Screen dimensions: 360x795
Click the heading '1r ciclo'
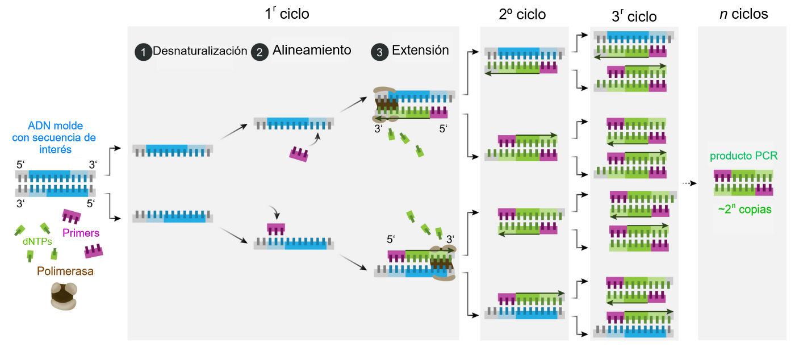(x=287, y=14)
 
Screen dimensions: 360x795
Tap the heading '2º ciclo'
(x=522, y=15)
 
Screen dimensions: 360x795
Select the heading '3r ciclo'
(x=634, y=16)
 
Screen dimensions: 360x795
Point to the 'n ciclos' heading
(x=743, y=14)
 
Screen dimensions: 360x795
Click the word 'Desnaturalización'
(x=200, y=51)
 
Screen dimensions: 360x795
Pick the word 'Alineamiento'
(x=312, y=50)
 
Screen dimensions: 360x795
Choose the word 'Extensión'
(x=420, y=50)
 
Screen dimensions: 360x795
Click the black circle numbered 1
(x=143, y=52)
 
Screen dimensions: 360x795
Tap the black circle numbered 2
(x=260, y=52)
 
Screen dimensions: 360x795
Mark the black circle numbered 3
(x=379, y=52)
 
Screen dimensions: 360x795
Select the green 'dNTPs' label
(x=36, y=241)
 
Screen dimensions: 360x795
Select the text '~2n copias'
(x=744, y=209)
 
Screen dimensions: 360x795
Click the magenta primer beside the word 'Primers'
(x=71, y=216)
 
